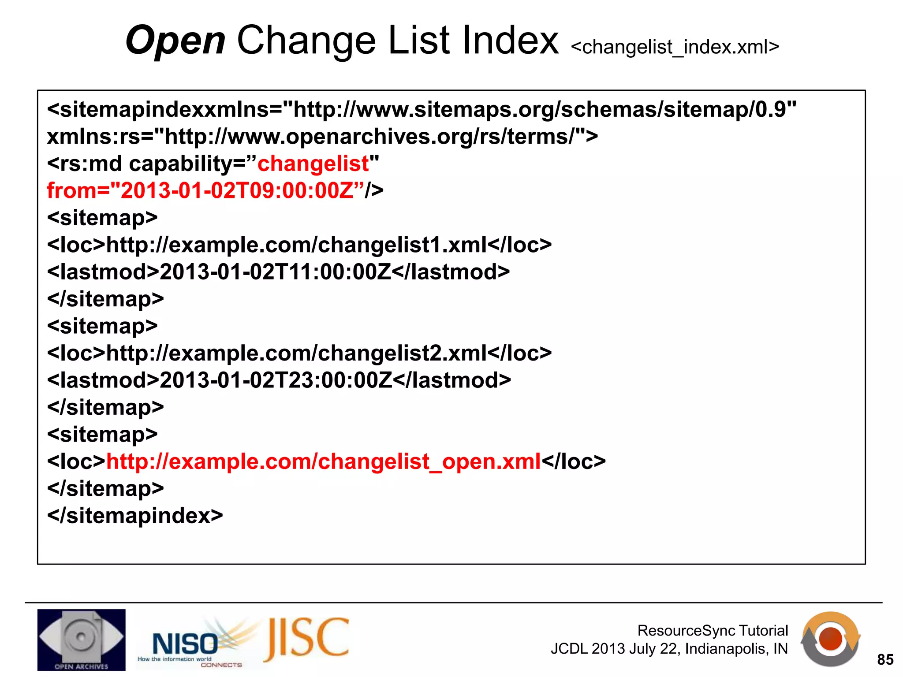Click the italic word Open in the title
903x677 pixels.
[x=175, y=41]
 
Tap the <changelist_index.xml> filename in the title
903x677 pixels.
[x=675, y=47]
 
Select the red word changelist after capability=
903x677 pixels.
[x=313, y=164]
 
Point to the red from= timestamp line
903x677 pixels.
[x=201, y=190]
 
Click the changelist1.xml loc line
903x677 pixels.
[x=299, y=245]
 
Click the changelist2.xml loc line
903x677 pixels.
[x=299, y=353]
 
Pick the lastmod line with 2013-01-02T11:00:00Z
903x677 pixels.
[x=278, y=272]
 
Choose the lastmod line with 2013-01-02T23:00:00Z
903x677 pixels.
[x=279, y=380]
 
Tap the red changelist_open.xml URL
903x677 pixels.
[x=323, y=461]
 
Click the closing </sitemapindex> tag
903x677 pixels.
[x=135, y=516]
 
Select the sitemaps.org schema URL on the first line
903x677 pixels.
[x=545, y=109]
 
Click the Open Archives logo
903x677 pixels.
[x=81, y=640]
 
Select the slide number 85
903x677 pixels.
[x=885, y=659]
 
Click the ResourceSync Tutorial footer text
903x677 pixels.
[x=712, y=630]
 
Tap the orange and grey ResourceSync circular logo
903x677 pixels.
[x=830, y=639]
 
